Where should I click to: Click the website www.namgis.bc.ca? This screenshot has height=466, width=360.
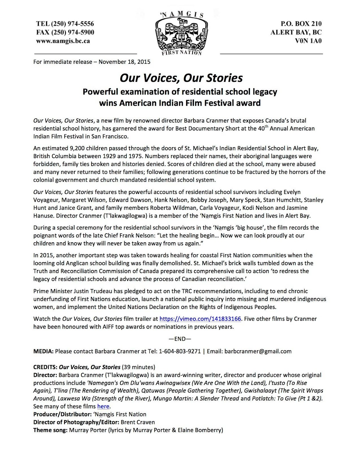[x=63, y=41]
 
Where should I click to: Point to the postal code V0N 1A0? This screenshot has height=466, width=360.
[x=308, y=41]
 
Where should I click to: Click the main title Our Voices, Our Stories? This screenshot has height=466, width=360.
[x=181, y=78]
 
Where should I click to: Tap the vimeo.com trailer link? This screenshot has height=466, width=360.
[x=200, y=319]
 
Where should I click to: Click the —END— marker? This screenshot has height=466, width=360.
[x=180, y=339]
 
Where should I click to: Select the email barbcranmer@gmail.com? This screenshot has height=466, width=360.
[x=258, y=351]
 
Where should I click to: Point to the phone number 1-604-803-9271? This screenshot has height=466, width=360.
[x=180, y=351]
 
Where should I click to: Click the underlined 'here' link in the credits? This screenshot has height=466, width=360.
[x=103, y=406]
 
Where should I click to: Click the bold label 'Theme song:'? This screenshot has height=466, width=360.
[x=50, y=430]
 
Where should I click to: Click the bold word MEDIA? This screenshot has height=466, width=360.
[x=43, y=351]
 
